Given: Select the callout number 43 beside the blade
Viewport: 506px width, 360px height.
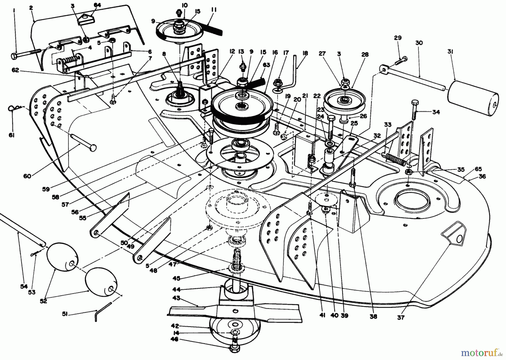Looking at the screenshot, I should coord(177,298).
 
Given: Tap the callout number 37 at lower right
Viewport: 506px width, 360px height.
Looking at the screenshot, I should coord(401,318).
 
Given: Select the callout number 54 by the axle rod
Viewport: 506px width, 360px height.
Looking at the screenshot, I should coord(24,286).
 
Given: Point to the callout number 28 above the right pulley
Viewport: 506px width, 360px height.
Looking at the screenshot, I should coord(365,55).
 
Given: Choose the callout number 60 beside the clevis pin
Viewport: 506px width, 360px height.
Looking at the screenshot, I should coord(27,176).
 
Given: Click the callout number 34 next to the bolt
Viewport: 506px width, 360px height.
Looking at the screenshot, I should coord(436,112).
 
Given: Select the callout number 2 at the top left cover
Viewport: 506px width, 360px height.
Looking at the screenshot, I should coord(31,8).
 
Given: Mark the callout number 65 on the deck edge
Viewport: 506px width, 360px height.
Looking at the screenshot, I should coord(478,169).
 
